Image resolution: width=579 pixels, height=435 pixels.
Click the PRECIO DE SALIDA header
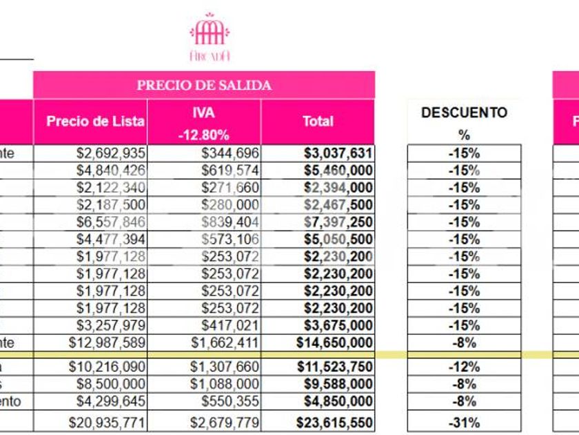[x=204, y=86]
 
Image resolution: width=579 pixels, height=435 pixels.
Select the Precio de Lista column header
[x=95, y=122]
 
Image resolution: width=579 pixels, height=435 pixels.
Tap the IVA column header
[x=204, y=112]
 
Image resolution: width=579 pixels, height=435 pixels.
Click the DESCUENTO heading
[x=464, y=113]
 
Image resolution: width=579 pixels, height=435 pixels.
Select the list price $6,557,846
[x=110, y=222]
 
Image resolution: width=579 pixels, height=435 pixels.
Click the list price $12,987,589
[x=107, y=342]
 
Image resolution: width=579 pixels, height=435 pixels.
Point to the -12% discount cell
[x=464, y=367]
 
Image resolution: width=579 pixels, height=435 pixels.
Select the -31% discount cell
[x=464, y=423]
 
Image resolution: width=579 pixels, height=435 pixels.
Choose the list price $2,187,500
[x=110, y=205]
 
